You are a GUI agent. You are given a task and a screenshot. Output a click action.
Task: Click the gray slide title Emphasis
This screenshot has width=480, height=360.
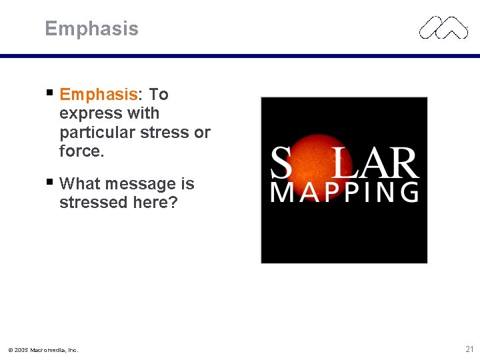91,29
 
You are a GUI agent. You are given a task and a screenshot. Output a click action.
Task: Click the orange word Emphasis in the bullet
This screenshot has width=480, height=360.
103,95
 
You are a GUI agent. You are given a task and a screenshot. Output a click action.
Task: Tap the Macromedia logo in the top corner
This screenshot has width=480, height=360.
443,27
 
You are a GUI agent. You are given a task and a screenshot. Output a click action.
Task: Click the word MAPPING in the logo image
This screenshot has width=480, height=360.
345,192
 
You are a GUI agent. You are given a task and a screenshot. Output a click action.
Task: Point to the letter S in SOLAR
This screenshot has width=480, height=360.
280,163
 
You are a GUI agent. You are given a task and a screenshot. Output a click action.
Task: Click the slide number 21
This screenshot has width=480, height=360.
469,349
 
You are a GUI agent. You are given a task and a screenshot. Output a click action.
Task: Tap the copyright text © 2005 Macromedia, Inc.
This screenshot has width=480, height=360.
43,350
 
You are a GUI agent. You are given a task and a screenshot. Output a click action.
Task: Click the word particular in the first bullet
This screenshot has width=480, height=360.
97,133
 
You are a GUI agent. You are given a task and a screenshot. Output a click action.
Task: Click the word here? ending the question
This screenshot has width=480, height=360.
154,203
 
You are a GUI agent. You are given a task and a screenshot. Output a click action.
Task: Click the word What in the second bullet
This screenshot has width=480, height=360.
78,183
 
